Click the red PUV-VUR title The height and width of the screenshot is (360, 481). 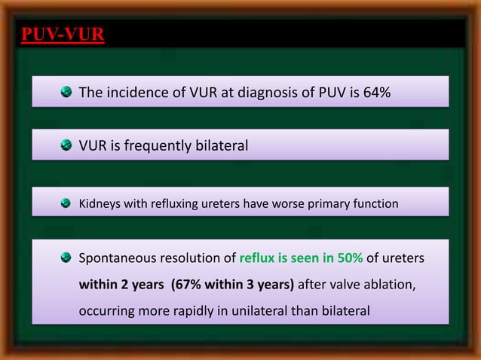[x=63, y=35]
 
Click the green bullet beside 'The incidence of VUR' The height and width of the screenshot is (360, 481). [x=66, y=93]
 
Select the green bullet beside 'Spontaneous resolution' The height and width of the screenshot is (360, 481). [x=66, y=258]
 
